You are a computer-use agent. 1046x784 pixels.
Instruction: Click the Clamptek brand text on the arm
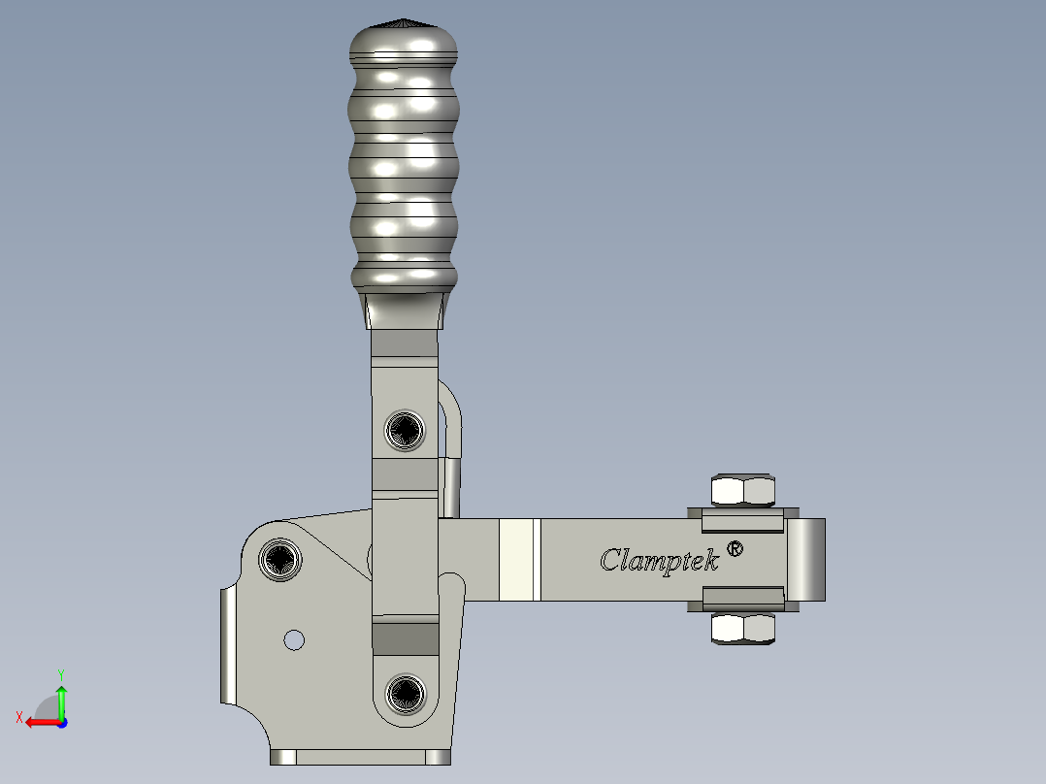659,560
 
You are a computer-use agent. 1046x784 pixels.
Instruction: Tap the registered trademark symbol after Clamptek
735,549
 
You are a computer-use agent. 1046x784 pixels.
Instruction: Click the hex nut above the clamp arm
744,491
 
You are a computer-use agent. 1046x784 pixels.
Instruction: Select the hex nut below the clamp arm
744,630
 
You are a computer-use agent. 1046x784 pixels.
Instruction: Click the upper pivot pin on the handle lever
405,430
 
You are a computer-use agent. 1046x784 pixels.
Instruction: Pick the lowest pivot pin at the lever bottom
406,693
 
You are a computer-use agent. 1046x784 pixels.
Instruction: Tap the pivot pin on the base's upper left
280,559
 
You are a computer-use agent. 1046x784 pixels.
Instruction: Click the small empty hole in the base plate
293,639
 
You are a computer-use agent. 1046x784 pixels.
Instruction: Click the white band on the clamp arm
519,560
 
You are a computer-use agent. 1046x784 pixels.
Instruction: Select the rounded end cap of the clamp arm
806,559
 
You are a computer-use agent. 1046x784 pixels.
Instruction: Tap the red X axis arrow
39,722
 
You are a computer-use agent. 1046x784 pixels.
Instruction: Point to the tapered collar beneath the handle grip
405,310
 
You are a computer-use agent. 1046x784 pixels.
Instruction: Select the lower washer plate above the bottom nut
742,598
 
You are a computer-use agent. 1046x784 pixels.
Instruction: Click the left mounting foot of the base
283,757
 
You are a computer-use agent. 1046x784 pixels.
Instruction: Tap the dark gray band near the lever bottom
405,638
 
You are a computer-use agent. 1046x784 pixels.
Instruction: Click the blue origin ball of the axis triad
61,722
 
